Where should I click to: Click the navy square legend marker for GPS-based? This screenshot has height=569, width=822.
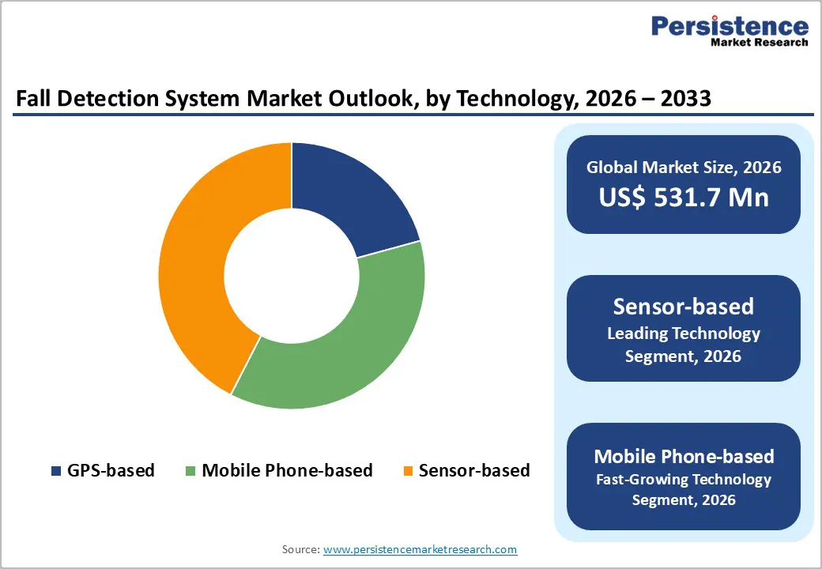56,471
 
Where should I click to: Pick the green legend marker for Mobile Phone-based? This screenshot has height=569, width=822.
190,471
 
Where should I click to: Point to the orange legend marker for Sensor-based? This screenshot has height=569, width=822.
408,471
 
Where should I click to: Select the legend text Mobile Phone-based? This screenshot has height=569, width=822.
287,471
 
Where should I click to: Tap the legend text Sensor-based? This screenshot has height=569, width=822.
474,471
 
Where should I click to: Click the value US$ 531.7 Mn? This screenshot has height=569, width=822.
683,197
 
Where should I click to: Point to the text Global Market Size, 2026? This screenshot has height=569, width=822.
683,168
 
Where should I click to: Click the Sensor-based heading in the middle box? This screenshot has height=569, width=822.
683,307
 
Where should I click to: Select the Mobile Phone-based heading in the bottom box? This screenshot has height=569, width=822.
683,456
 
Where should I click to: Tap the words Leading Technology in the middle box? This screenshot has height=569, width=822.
683,333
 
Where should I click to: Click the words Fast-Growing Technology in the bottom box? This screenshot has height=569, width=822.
683,479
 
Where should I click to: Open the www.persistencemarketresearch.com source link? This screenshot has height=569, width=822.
420,549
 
